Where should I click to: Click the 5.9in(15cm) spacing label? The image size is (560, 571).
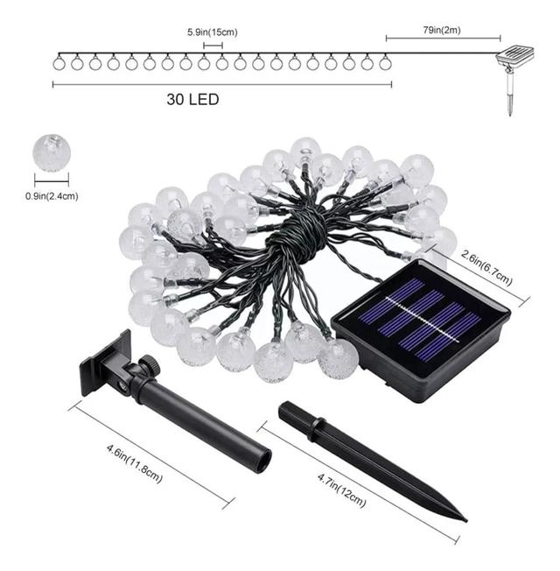coord(213,32)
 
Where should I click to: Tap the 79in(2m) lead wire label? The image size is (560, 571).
coord(442,30)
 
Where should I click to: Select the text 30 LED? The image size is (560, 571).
coord(192,100)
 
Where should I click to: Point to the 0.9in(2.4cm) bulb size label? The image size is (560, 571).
coord(52,196)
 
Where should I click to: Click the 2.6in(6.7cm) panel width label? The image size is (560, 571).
coord(486,268)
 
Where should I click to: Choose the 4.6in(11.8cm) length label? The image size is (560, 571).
coord(135,463)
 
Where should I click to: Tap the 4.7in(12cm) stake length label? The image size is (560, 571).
coord(341,490)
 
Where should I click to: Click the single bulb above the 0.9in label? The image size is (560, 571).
coord(52,152)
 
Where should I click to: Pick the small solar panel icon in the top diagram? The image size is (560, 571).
coord(515,54)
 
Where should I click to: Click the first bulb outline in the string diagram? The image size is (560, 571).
coord(59,63)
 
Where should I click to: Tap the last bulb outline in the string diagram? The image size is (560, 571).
coord(385,63)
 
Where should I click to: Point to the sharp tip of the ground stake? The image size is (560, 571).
coord(466,521)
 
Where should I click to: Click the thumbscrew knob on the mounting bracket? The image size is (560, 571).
coord(150,364)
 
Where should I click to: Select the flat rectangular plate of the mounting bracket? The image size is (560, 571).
coord(106,363)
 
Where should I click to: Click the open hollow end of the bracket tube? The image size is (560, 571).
coord(262,461)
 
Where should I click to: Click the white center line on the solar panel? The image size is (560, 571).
coord(422,320)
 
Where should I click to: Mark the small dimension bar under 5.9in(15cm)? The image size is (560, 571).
coord(213,46)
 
